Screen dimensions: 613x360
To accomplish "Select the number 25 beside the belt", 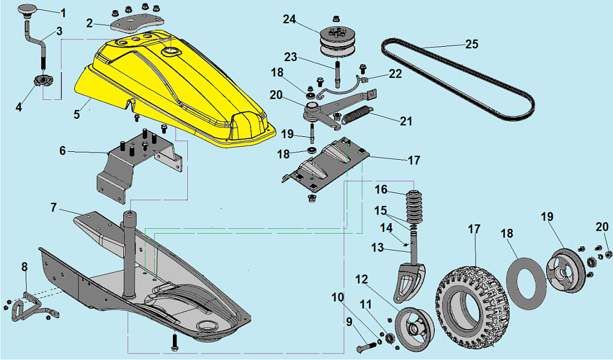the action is tap(471, 44).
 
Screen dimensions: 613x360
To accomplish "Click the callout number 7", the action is tap(54, 207).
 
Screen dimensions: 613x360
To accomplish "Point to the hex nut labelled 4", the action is tap(42, 81).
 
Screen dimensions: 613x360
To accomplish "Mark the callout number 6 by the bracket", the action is tap(63, 151).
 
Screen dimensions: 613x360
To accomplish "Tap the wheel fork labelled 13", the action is tap(410, 269).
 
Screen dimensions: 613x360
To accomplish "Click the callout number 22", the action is tap(395, 74).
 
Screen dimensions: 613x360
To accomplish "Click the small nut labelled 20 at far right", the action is tap(608, 255).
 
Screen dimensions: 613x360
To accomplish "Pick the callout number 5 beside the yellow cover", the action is tap(77, 114).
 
